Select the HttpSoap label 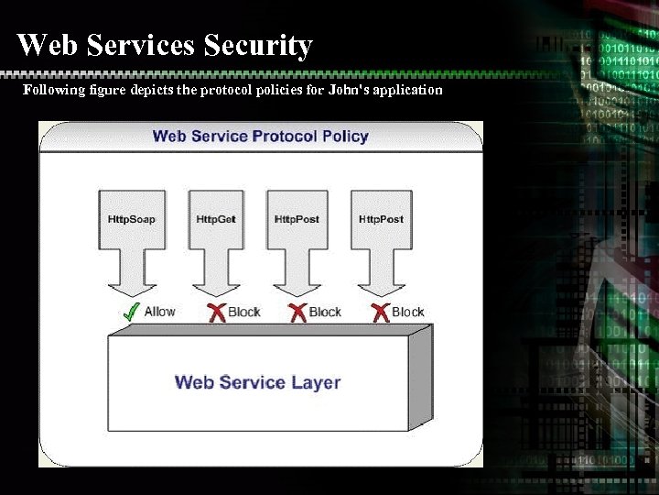point(132,219)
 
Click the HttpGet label point(216,219)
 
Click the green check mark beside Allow point(130,312)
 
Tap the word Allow point(159,312)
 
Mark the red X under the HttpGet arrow point(217,313)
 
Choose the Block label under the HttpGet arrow point(244,312)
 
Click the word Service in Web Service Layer point(259,381)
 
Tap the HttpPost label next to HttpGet point(297,219)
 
